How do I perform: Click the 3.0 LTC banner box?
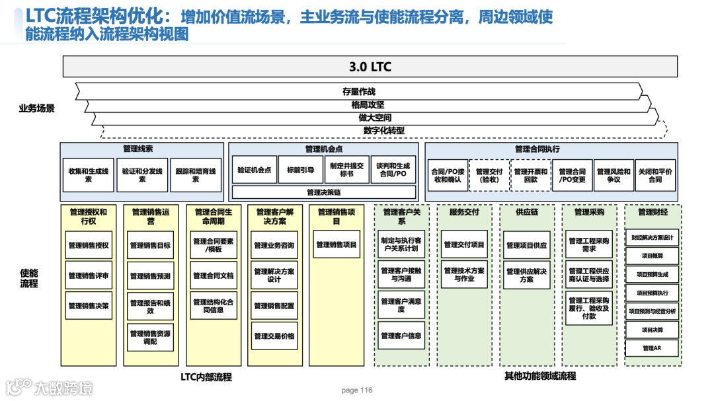point(370,66)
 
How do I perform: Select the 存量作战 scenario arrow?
point(359,91)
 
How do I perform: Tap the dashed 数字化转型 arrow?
point(383,131)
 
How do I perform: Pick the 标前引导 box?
point(300,170)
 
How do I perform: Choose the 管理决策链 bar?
point(323,192)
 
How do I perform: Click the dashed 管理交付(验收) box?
point(489,175)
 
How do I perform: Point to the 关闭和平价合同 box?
point(654,175)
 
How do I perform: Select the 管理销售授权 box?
point(89,245)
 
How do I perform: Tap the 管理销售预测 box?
point(151,275)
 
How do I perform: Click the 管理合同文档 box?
point(213,275)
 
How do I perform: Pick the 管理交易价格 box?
point(274,336)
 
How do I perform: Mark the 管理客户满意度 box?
point(401,305)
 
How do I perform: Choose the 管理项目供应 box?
point(527,245)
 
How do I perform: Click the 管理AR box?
point(652,348)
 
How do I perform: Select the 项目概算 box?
point(652,256)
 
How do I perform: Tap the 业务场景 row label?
point(36,108)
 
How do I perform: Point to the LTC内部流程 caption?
point(206,377)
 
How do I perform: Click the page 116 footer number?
point(357,390)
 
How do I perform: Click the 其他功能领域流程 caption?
point(540,377)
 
